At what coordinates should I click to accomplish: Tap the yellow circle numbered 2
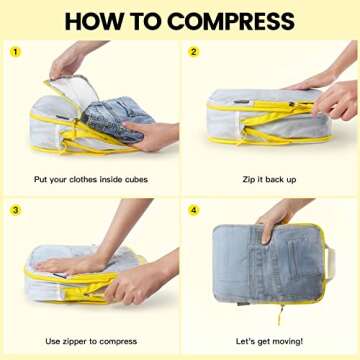pos(194,50)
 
